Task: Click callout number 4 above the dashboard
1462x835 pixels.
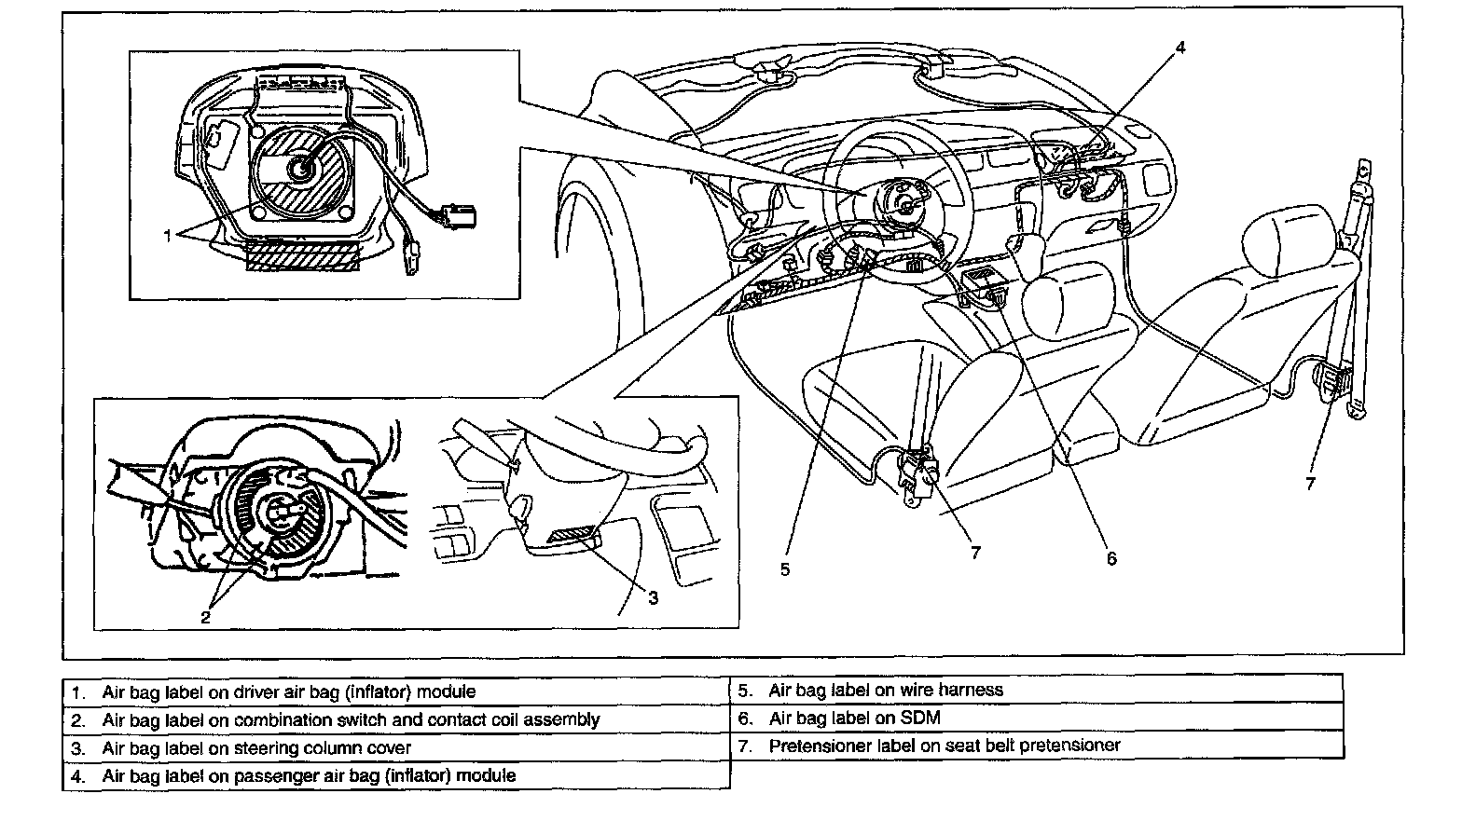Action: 1179,47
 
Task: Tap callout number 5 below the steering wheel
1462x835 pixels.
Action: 785,568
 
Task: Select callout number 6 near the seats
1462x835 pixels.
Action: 1110,558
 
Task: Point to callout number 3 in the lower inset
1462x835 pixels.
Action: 653,597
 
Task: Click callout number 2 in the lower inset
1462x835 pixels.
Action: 206,616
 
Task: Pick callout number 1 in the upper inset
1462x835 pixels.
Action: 168,236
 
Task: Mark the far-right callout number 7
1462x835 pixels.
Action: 1310,484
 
